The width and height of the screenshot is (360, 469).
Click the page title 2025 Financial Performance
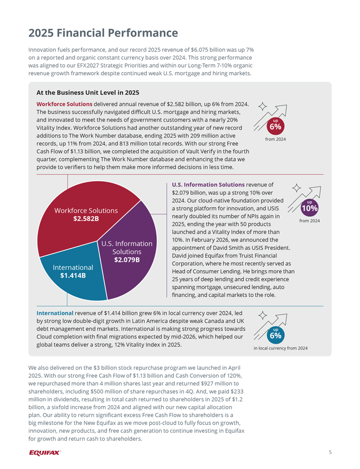(x=103, y=33)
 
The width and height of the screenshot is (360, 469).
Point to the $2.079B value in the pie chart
(x=127, y=260)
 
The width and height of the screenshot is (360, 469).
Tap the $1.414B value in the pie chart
(x=73, y=276)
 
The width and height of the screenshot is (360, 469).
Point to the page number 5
(x=330, y=452)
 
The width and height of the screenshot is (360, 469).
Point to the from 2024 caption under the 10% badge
(x=309, y=221)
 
